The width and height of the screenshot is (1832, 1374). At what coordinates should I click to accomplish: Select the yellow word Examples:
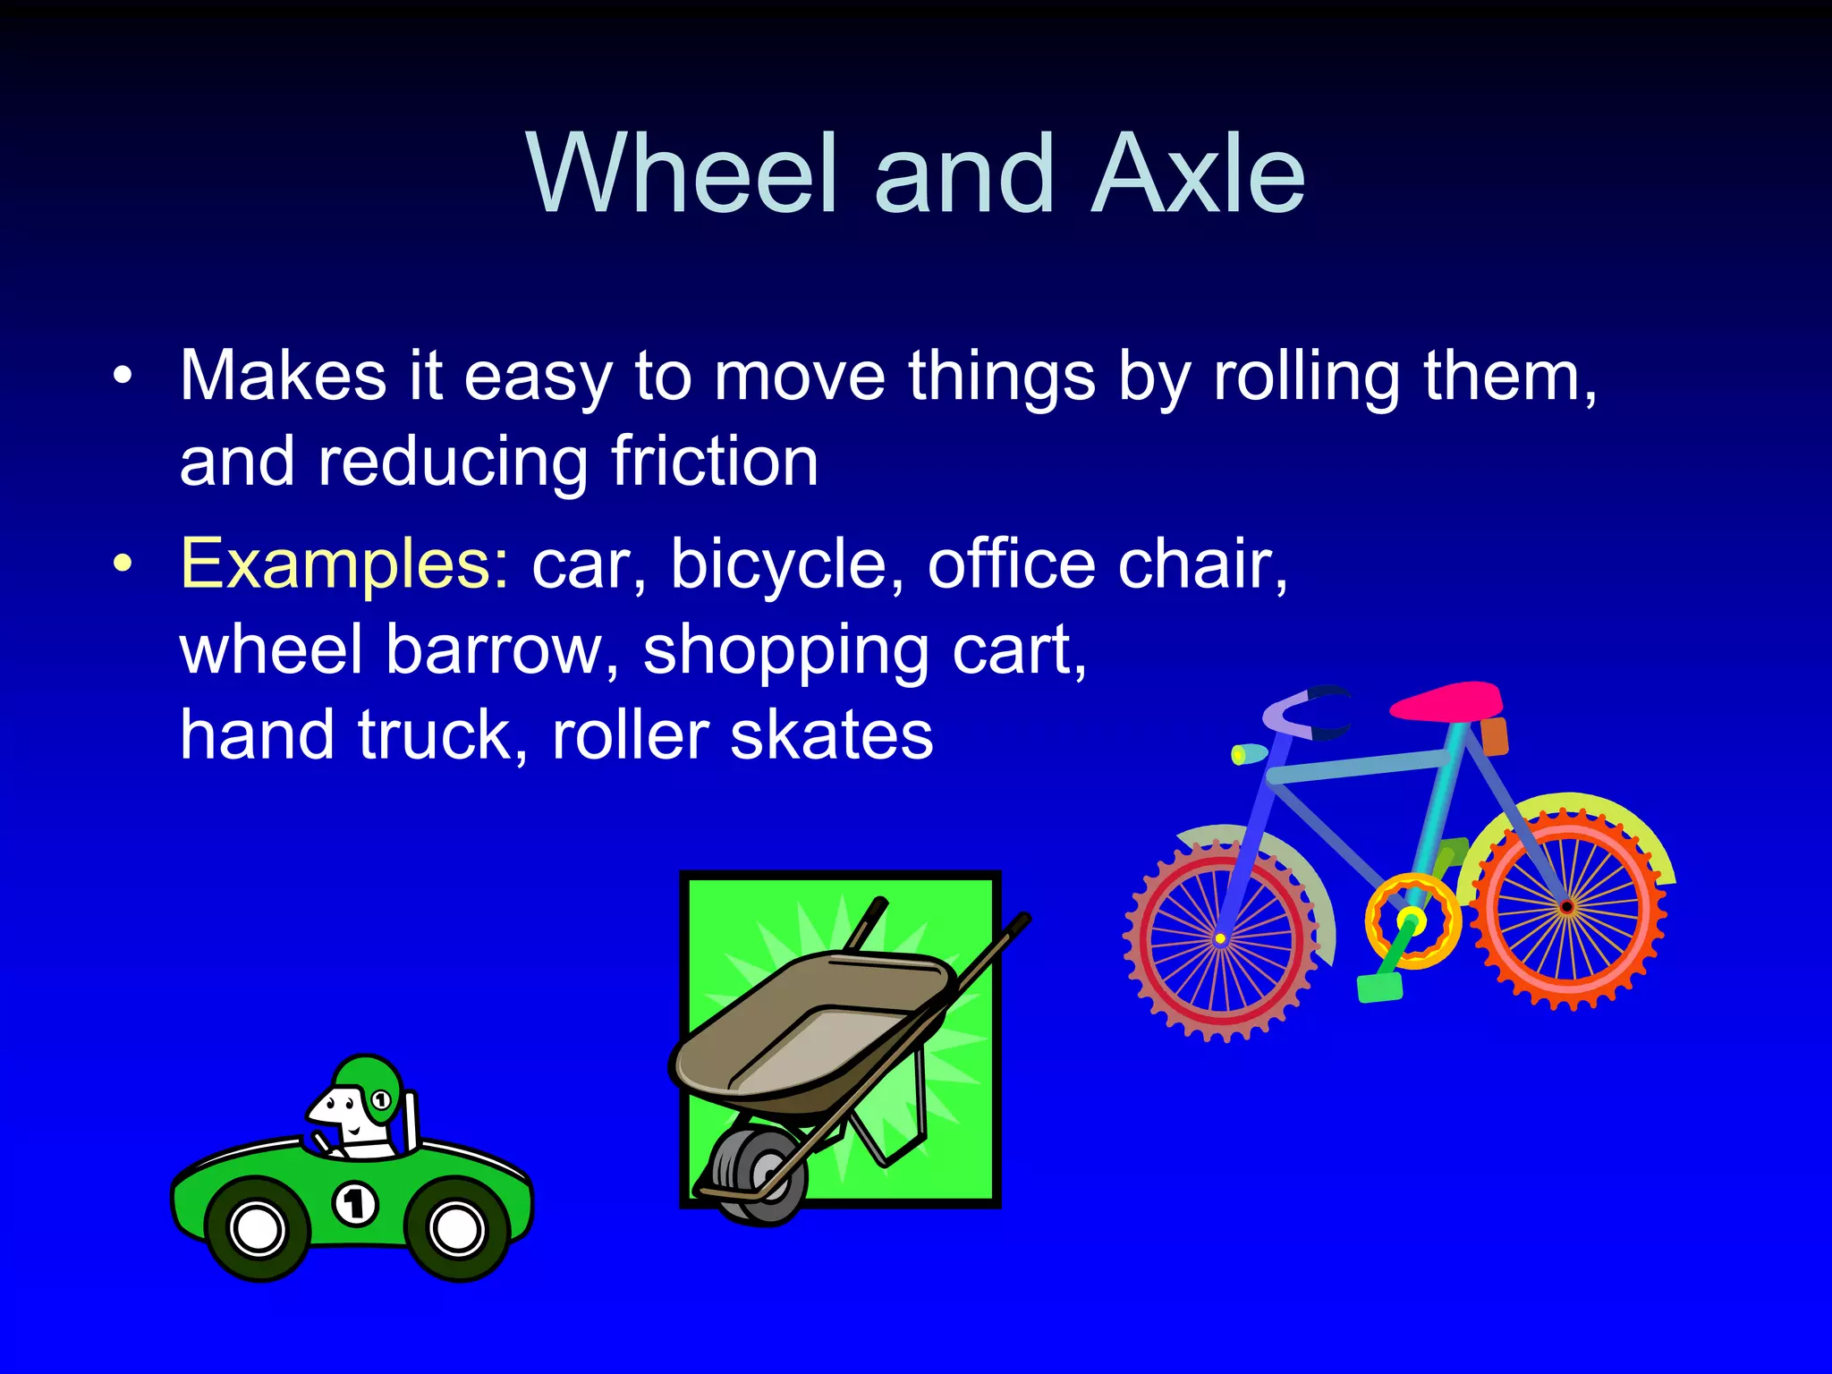tap(344, 564)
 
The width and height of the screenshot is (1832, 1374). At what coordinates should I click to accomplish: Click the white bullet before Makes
tap(123, 377)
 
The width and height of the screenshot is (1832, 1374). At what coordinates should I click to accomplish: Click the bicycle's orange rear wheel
tap(1566, 907)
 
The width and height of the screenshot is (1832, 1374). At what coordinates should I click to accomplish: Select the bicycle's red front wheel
tap(1220, 939)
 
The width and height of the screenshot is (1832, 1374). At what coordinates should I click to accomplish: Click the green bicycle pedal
tap(1378, 988)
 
